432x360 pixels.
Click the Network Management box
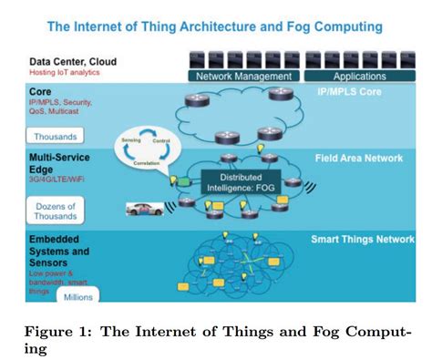coord(243,77)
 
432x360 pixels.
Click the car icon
coord(146,209)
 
